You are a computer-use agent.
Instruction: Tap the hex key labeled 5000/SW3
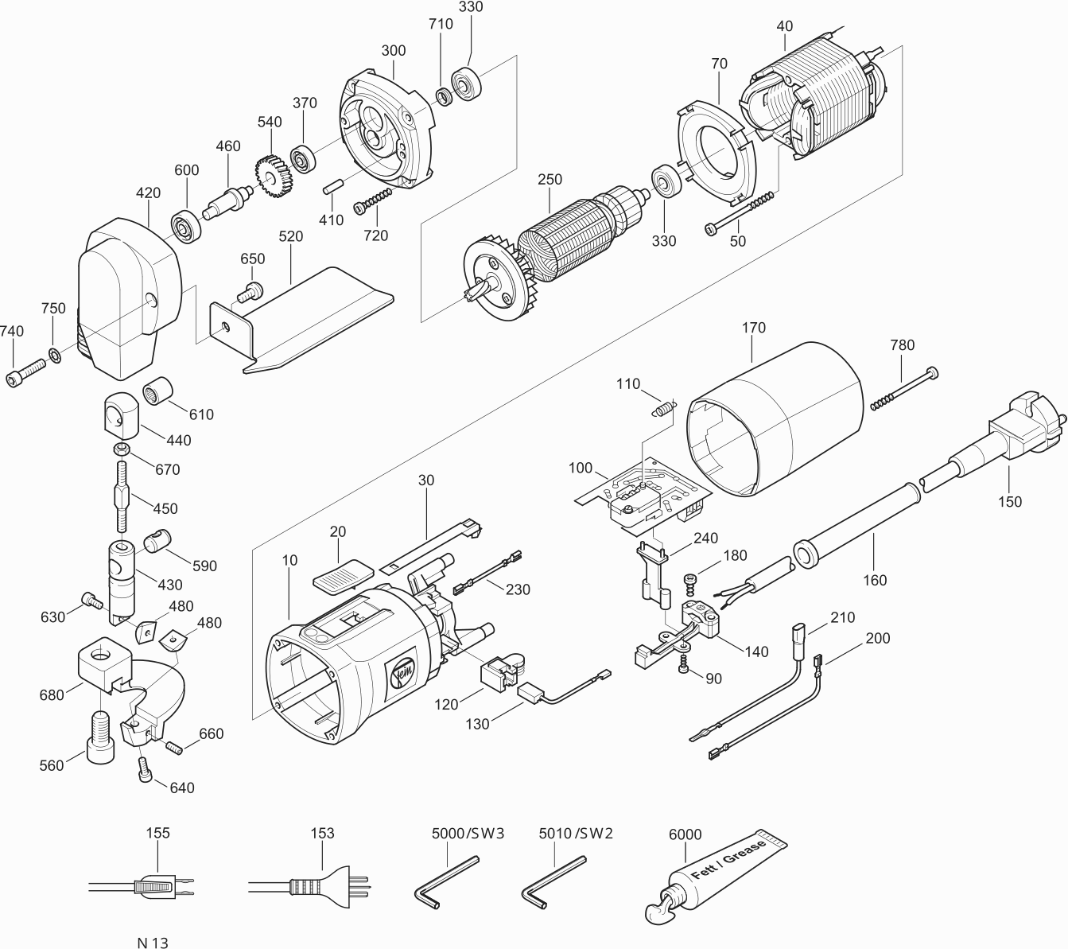[x=445, y=879]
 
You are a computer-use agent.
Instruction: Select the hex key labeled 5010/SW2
[x=553, y=879]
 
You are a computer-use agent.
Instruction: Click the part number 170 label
[x=753, y=328]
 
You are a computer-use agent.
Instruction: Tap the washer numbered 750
[x=55, y=354]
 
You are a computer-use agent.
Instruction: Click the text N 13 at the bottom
[x=152, y=943]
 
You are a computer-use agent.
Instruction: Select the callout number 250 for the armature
[x=550, y=180]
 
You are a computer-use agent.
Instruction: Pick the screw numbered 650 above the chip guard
[x=251, y=291]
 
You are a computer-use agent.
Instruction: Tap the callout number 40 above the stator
[x=784, y=25]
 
